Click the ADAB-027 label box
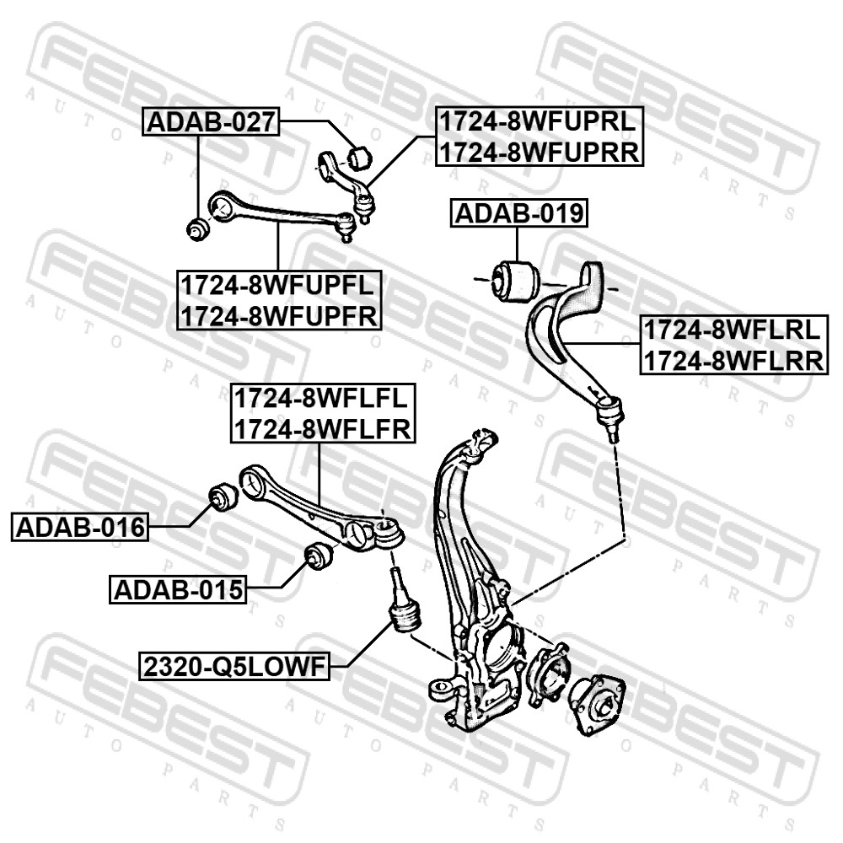coord(211,121)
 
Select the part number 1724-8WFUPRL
coord(538,121)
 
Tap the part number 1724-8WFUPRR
coord(540,152)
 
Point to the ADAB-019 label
coord(518,213)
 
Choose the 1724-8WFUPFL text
coord(277,285)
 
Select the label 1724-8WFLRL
coord(732,330)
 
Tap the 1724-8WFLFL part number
coord(321,399)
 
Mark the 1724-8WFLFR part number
coord(323,429)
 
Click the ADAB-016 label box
coord(80,527)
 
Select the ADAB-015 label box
coord(178,590)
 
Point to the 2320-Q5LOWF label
coord(234,667)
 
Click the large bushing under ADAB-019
coord(516,280)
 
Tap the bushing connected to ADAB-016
coord(222,497)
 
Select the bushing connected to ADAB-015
coord(319,557)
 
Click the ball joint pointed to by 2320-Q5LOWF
coord(401,604)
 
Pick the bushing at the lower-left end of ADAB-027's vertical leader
coord(196,229)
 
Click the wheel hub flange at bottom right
coord(597,703)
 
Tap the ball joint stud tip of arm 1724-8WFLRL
coord(612,437)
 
